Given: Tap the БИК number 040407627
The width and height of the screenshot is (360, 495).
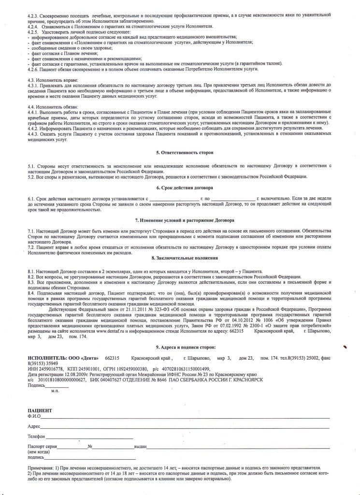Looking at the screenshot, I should click(x=97, y=379).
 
